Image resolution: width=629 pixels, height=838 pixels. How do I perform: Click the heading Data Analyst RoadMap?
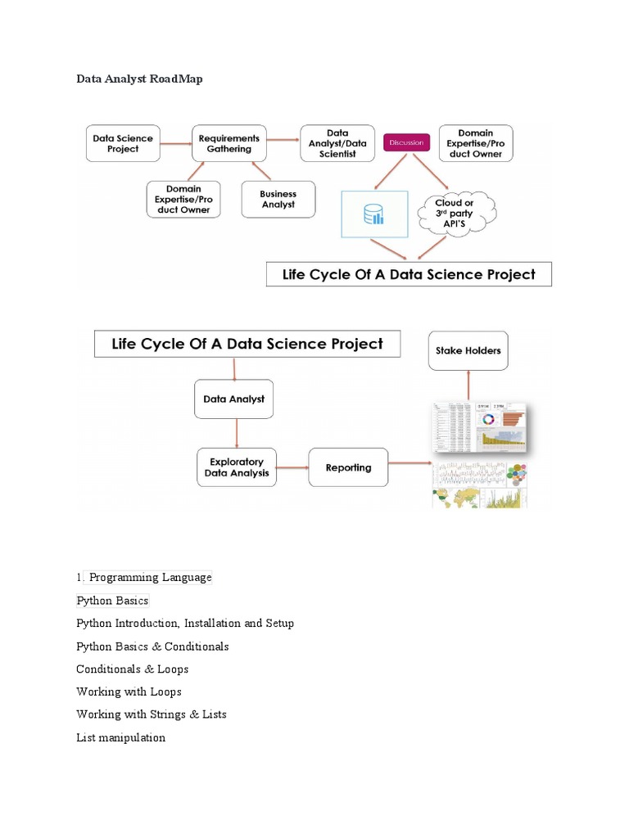(x=138, y=79)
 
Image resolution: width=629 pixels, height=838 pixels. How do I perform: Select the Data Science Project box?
(x=122, y=143)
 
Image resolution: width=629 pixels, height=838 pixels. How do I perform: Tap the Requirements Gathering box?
(x=229, y=143)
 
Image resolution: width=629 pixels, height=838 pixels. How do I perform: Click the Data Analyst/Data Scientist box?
(x=337, y=143)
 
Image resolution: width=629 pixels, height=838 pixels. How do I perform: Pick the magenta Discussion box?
(x=407, y=142)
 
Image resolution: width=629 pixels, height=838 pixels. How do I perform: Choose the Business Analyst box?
(x=278, y=199)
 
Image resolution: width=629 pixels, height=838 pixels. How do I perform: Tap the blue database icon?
(x=373, y=214)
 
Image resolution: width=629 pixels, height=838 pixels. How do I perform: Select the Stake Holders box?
(x=468, y=350)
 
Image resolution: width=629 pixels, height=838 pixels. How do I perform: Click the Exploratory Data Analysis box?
(x=237, y=467)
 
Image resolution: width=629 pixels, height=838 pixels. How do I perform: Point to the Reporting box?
(x=348, y=467)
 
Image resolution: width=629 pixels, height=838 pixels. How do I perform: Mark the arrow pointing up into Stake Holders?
(x=468, y=385)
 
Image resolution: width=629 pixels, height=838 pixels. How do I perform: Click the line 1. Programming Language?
(x=144, y=578)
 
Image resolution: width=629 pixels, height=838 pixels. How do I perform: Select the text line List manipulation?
(x=120, y=737)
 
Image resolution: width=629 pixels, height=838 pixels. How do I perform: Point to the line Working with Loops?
(x=129, y=692)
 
